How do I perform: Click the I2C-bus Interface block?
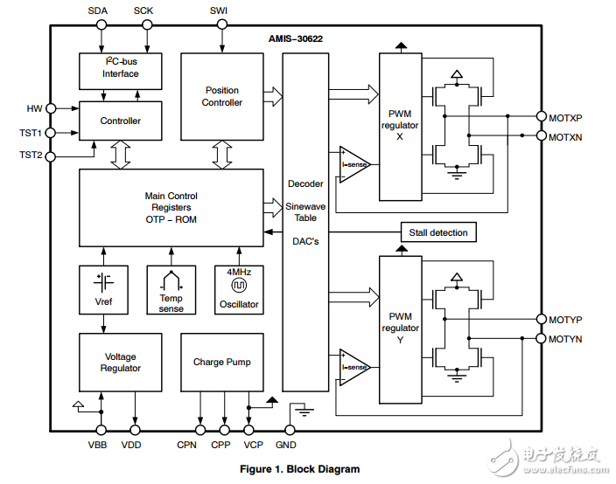click(x=120, y=70)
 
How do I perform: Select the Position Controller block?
click(x=222, y=96)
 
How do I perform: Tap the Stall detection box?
click(x=438, y=232)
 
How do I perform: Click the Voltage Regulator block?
click(x=121, y=362)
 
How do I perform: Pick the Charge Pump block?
click(x=222, y=362)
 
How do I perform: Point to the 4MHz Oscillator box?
click(x=239, y=289)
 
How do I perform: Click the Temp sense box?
click(x=171, y=289)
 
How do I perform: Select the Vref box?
click(x=103, y=289)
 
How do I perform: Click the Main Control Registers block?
click(x=171, y=208)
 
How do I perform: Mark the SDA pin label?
click(x=99, y=10)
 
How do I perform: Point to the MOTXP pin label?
click(x=565, y=116)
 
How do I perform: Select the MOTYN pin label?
click(x=565, y=339)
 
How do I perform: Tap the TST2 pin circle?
click(x=51, y=156)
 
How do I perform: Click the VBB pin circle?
click(x=101, y=430)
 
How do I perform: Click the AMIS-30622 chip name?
click(x=297, y=39)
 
